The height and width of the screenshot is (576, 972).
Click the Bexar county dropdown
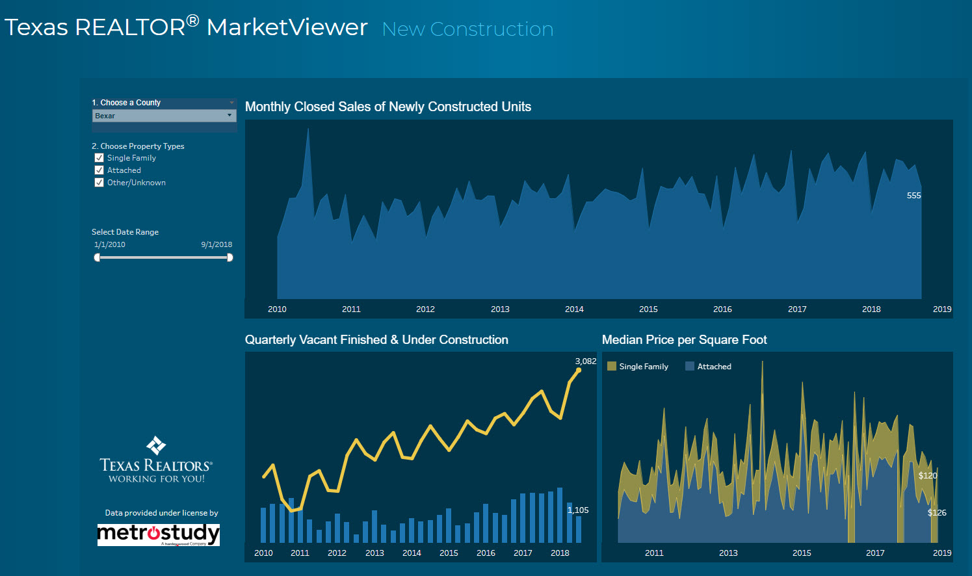coord(163,116)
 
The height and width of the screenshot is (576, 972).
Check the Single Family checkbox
coord(99,158)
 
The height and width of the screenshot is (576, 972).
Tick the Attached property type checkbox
coord(99,170)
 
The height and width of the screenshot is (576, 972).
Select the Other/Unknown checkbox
coord(99,183)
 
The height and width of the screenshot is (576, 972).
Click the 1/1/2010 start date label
coord(110,245)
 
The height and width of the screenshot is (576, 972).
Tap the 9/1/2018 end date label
coord(216,245)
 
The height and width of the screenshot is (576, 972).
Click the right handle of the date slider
coord(230,257)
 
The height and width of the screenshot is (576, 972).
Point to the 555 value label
coord(913,196)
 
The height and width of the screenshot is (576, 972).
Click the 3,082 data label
coord(585,361)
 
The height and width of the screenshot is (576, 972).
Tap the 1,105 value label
coord(578,510)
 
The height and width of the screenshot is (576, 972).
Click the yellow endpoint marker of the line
coord(579,371)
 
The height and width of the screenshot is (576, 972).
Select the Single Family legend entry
coord(638,367)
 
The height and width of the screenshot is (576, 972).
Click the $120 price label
coord(927,476)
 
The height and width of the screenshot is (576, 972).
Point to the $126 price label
coord(937,513)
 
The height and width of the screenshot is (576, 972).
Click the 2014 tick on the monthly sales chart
coord(574,309)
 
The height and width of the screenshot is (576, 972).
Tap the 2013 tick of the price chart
coord(728,553)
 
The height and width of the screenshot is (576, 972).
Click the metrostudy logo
coord(158,534)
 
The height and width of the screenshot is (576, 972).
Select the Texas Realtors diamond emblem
coord(156,445)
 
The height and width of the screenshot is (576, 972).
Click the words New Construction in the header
coord(467,29)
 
